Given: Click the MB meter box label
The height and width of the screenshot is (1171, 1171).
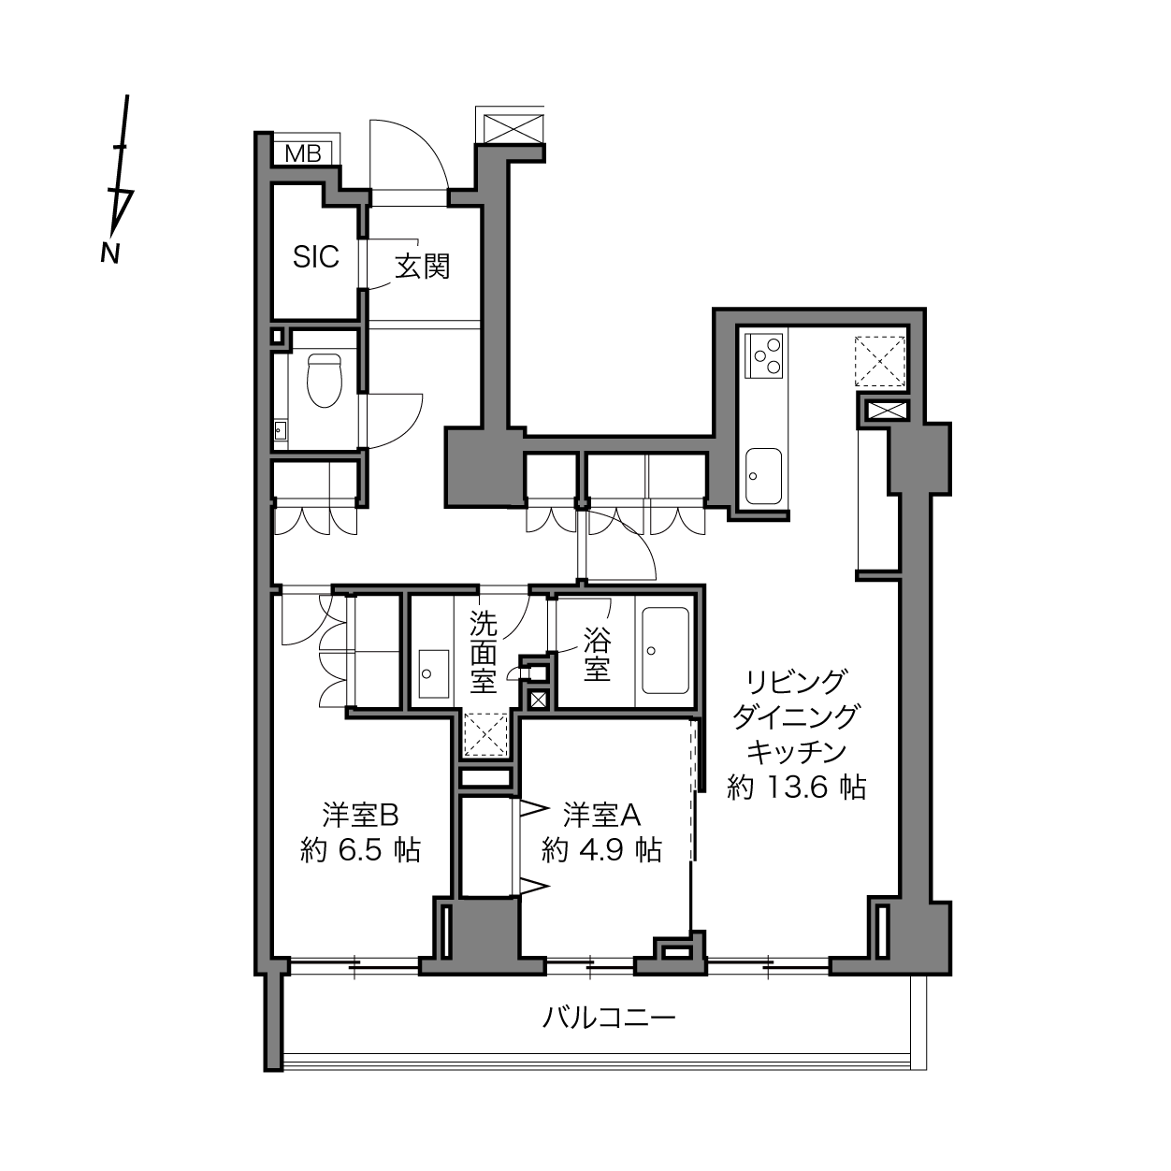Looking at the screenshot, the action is [x=303, y=154].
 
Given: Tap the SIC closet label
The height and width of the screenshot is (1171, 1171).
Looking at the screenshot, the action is [x=316, y=257].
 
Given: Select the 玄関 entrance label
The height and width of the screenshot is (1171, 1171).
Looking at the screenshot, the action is [x=423, y=267].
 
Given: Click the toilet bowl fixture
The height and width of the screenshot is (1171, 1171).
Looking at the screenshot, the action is [x=325, y=381].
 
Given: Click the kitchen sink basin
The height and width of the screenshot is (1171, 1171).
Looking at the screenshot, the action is [x=763, y=476].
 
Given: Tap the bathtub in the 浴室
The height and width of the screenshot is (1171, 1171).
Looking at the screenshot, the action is [x=666, y=651].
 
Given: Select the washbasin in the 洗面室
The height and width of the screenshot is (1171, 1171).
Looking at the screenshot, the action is [x=434, y=673].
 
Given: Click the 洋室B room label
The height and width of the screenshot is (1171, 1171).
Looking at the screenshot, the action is [x=360, y=816].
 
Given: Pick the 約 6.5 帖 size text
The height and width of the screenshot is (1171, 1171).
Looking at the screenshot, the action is [x=360, y=850].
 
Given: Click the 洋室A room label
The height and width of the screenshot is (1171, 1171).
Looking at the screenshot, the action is [x=601, y=816].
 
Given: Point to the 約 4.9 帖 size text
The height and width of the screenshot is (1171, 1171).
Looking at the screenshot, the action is [x=601, y=850].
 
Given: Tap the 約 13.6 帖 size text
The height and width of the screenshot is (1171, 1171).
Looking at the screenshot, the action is [x=797, y=788].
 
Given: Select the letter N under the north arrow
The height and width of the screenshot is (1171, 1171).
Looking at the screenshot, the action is [x=109, y=254].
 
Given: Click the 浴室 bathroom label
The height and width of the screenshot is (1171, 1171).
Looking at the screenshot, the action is [x=597, y=653].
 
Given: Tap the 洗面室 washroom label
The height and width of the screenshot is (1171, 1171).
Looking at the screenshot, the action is [x=484, y=652].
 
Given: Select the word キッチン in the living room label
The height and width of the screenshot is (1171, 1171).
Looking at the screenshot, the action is [x=797, y=753].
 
